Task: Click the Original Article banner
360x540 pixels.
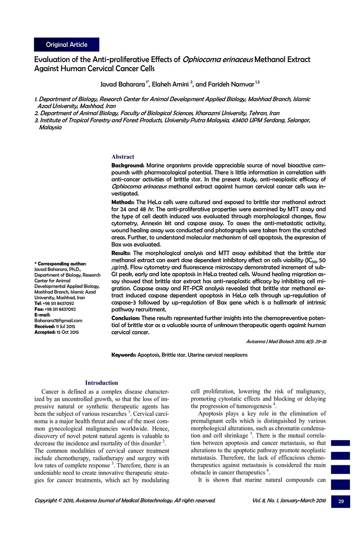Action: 66,45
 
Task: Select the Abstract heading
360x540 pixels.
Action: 122,157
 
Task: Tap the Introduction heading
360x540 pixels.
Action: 102,383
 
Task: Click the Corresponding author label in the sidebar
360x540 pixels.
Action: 60,263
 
